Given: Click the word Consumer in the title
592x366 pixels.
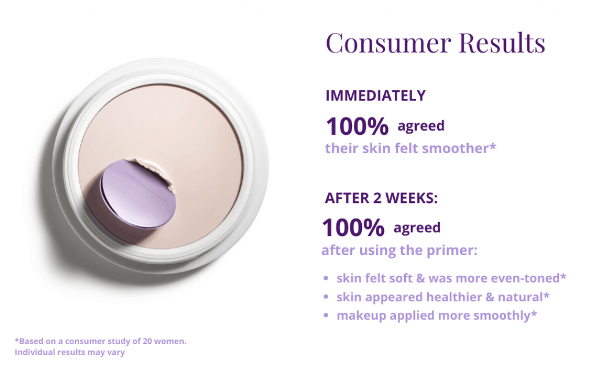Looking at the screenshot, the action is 388,43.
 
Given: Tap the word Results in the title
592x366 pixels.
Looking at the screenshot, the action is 502,42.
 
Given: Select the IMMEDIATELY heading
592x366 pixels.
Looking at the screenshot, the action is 376,95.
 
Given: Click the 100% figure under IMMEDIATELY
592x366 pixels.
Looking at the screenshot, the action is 357,126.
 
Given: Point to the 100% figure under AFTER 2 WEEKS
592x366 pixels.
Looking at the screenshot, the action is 353,227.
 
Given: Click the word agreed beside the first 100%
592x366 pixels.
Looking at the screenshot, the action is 421,127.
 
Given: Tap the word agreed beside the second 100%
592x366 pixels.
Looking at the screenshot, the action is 417,228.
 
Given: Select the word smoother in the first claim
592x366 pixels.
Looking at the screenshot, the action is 458,149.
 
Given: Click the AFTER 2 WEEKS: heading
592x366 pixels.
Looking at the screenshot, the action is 382,198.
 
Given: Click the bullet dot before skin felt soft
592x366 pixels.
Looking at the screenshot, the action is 326,278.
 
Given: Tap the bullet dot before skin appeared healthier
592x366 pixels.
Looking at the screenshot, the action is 326,297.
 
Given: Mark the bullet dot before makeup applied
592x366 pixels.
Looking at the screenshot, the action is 326,315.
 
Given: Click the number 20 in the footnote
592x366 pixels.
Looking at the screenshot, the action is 147,341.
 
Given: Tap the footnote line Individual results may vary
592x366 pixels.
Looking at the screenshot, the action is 69,352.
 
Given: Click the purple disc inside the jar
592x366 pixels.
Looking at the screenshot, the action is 138,194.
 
